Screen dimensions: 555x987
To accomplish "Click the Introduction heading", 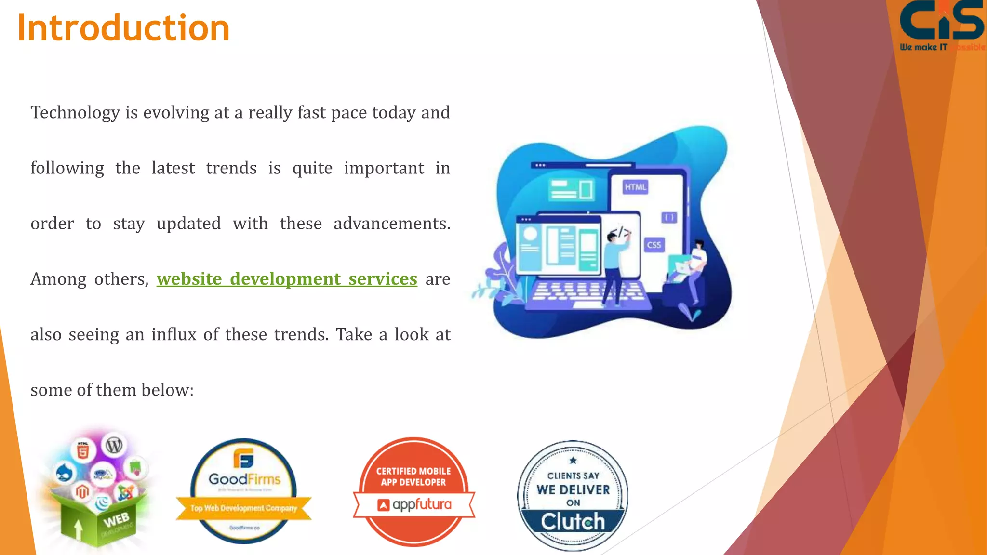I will [123, 28].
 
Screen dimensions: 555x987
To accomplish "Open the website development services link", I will [287, 279].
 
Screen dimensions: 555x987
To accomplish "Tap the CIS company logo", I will [941, 22].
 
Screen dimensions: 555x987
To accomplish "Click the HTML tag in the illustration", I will [635, 187].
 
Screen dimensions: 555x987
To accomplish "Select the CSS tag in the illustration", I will [654, 245].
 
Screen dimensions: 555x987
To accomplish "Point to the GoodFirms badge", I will [244, 490].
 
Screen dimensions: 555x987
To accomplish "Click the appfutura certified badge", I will [414, 491].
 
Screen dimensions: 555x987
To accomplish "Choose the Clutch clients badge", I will [573, 495].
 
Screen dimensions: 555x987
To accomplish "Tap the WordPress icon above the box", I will [114, 445].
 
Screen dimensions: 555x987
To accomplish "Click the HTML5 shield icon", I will [83, 451].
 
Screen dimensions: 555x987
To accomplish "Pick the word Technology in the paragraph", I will [75, 113].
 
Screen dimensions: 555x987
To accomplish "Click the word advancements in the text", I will [391, 224].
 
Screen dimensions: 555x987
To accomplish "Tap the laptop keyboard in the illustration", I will [588, 292].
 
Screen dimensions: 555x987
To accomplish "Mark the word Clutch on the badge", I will [573, 522].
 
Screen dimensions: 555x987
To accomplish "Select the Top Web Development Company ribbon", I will [244, 508].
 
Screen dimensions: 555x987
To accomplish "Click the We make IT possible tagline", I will [942, 47].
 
